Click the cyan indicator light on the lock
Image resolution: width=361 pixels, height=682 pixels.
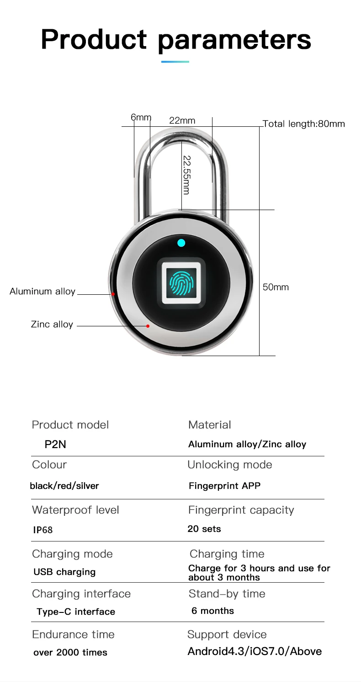(181, 243)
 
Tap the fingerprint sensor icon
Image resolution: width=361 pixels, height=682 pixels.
(181, 282)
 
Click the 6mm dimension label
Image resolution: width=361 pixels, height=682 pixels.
(141, 118)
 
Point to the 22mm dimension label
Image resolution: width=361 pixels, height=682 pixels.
(182, 120)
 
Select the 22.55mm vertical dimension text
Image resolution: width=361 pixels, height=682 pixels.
(186, 175)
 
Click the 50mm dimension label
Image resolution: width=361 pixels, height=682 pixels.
(276, 287)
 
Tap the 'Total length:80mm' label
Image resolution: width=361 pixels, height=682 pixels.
(304, 124)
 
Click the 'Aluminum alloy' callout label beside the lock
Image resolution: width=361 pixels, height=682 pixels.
(42, 292)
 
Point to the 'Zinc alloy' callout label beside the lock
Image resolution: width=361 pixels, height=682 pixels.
(52, 325)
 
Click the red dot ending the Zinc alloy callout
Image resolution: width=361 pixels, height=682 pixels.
(148, 326)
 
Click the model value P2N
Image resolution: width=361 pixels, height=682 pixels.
(55, 444)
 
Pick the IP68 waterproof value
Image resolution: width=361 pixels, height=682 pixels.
(43, 530)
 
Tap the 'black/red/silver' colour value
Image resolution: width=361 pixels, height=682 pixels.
(64, 486)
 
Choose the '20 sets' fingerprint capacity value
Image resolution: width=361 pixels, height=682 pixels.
(204, 529)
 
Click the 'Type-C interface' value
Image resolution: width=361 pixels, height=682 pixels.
(76, 612)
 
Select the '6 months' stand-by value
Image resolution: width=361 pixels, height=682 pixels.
(212, 611)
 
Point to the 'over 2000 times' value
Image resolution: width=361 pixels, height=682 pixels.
(70, 653)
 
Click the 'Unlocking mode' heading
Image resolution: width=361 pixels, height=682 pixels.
(230, 465)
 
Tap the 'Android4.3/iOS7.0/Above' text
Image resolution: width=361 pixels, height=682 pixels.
(255, 651)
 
